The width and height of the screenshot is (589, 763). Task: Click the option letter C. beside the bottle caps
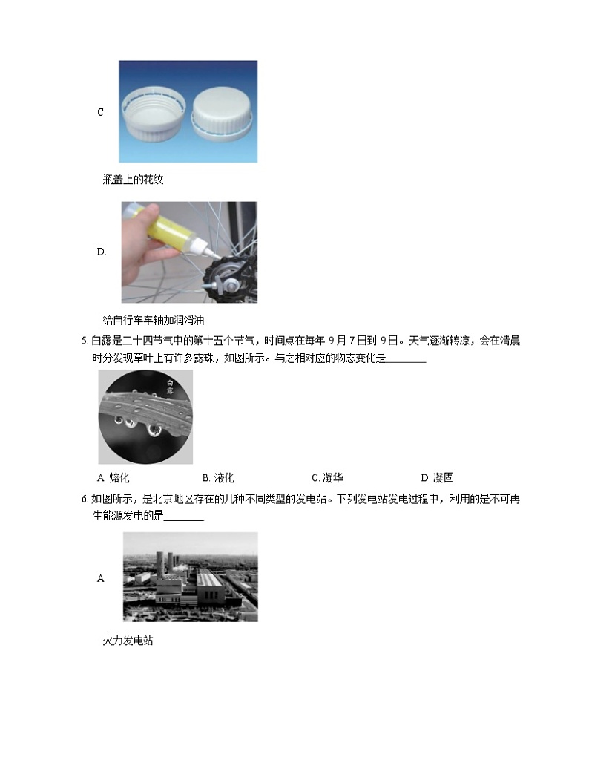click(x=101, y=113)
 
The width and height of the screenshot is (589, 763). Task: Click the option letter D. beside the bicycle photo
click(x=102, y=252)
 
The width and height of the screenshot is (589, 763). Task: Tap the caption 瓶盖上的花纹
click(x=133, y=180)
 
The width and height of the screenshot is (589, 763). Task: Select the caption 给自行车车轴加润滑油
click(x=153, y=321)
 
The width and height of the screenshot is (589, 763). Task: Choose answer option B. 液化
click(x=218, y=478)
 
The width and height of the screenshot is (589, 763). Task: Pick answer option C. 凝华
click(x=327, y=478)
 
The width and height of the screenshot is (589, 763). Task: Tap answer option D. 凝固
click(x=437, y=478)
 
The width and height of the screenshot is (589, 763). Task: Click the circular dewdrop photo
click(x=145, y=417)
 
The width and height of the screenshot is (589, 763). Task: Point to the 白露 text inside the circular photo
click(x=171, y=387)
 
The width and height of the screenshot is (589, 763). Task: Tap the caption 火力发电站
click(x=128, y=640)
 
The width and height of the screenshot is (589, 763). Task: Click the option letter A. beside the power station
click(x=101, y=577)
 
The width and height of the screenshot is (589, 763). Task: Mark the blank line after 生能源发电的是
click(x=182, y=517)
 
